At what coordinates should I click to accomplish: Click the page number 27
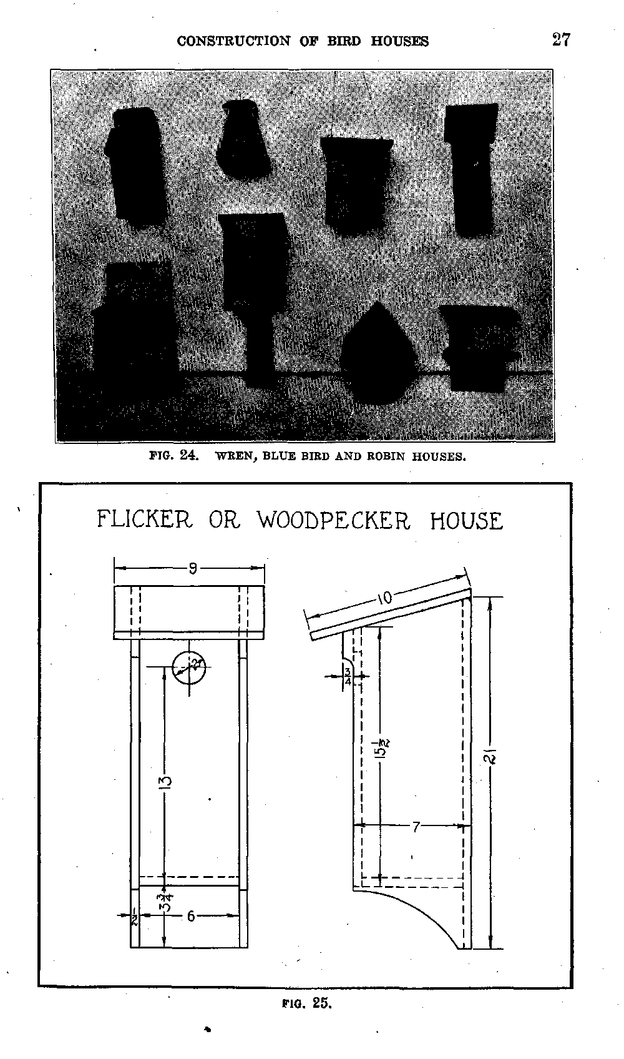click(x=561, y=40)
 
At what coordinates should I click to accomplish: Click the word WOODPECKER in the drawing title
click(x=333, y=520)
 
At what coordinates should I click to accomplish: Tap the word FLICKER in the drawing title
click(x=145, y=519)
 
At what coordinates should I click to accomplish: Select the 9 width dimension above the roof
click(x=193, y=568)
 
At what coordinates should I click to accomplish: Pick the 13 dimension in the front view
click(x=165, y=782)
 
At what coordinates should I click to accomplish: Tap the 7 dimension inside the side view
click(x=415, y=827)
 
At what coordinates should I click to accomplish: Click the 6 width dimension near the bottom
click(x=190, y=916)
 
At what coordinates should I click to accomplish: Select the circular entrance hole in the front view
click(x=190, y=667)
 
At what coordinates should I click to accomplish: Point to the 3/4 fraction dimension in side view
click(x=347, y=676)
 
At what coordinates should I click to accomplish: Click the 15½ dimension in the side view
click(x=384, y=747)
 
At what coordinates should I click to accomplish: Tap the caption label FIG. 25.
click(x=306, y=1003)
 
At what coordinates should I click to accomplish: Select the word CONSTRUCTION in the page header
click(x=234, y=41)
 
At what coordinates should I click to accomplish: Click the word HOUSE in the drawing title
click(x=466, y=521)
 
